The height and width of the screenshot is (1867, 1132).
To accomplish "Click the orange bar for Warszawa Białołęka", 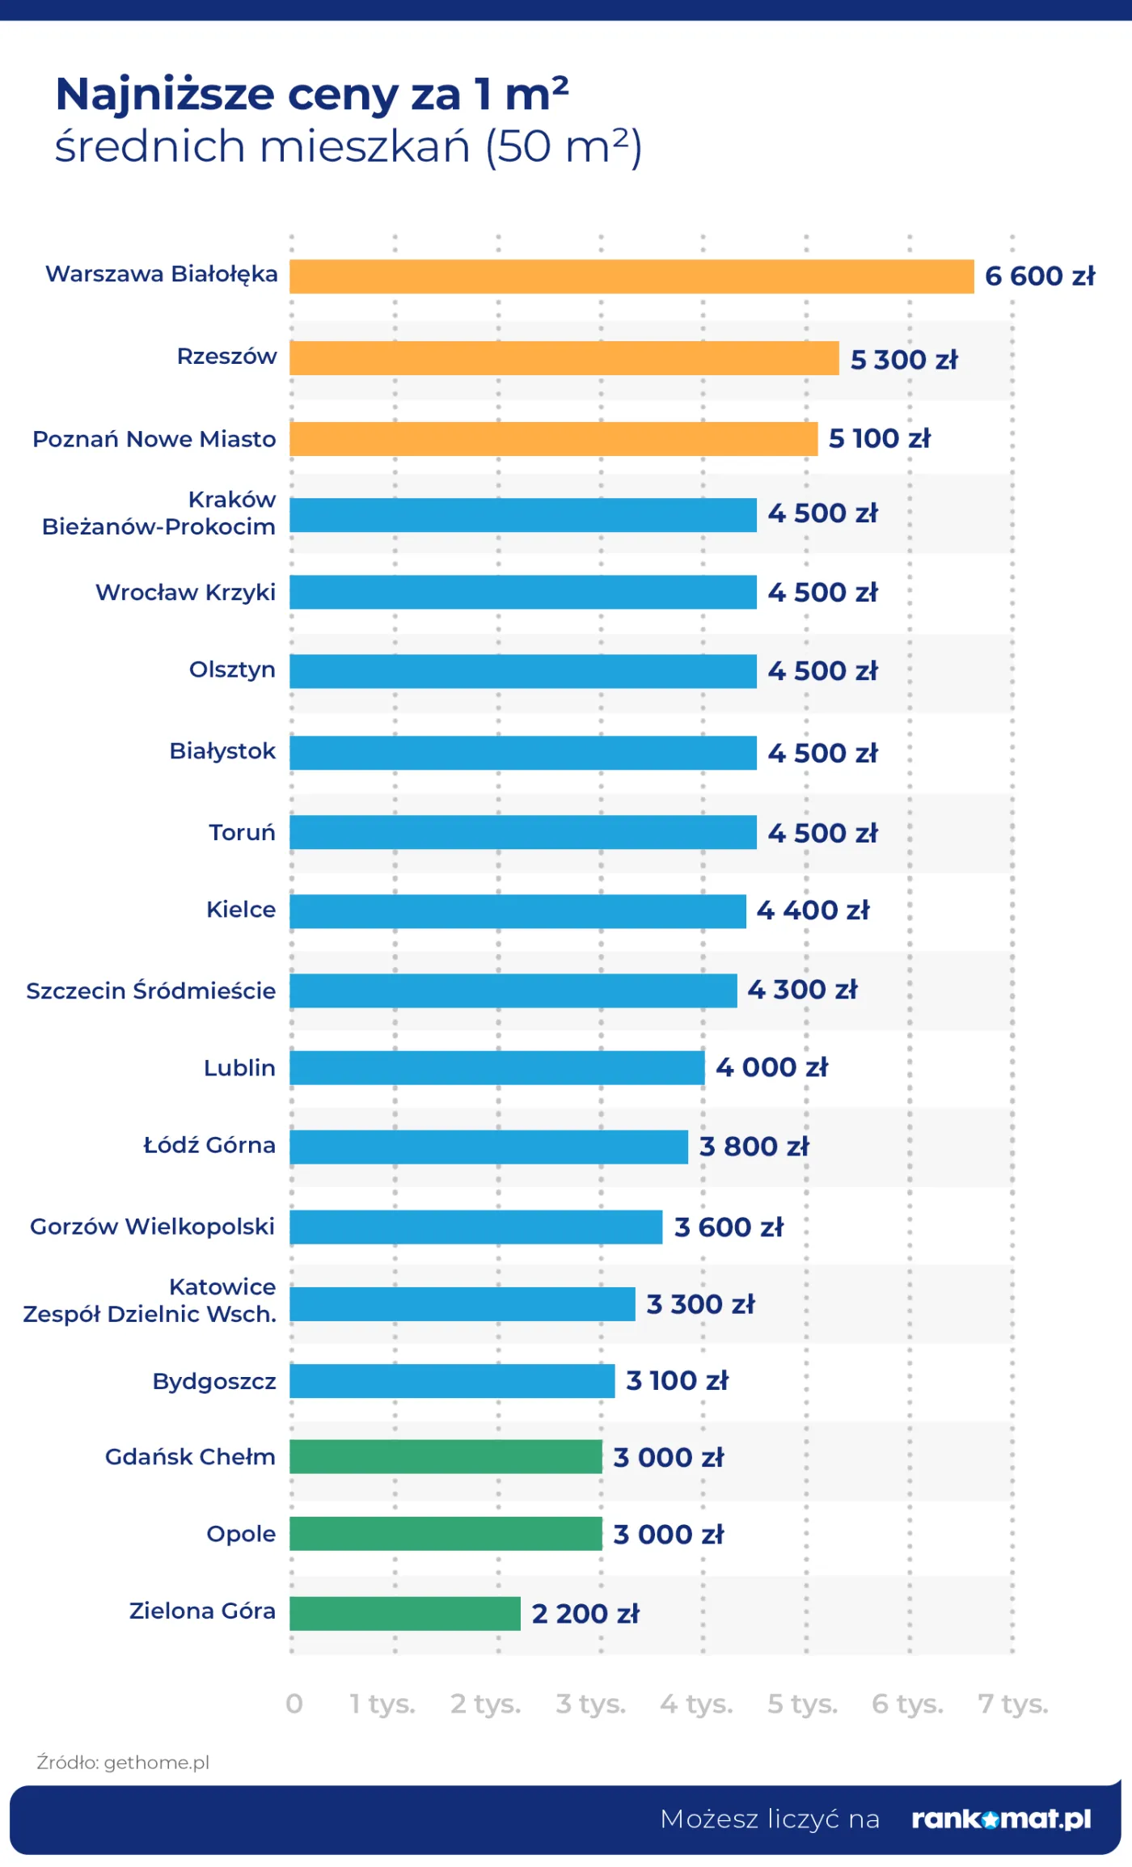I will pyautogui.click(x=631, y=277).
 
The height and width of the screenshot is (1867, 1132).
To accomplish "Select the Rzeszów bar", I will pyautogui.click(x=564, y=358).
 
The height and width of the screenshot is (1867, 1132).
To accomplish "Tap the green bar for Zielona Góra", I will pyautogui.click(x=404, y=1613).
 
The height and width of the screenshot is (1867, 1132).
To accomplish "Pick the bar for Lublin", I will pyautogui.click(x=496, y=1067).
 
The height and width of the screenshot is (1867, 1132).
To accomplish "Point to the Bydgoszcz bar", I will pyautogui.click(x=451, y=1380).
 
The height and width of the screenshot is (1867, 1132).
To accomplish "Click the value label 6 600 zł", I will pyautogui.click(x=1039, y=277).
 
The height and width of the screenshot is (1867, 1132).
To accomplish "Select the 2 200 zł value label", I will pyautogui.click(x=585, y=1613).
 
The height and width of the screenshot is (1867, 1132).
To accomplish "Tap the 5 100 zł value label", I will pyautogui.click(x=879, y=438).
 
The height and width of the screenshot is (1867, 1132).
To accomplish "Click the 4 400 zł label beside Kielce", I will pyautogui.click(x=813, y=910).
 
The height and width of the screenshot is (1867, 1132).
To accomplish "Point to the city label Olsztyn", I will pyautogui.click(x=232, y=670).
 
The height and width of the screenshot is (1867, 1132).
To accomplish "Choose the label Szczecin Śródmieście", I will pyautogui.click(x=150, y=991).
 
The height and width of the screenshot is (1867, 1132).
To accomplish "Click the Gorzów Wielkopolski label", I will pyautogui.click(x=152, y=1227).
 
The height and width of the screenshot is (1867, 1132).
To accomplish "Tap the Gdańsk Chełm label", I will pyautogui.click(x=190, y=1456).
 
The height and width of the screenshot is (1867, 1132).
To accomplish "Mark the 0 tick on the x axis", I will pyautogui.click(x=294, y=1704).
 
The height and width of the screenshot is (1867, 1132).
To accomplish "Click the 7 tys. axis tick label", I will pyautogui.click(x=1012, y=1704).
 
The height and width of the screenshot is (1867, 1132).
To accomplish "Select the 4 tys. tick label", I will pyautogui.click(x=696, y=1704).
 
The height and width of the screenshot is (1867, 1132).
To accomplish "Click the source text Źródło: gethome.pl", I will pyautogui.click(x=123, y=1763).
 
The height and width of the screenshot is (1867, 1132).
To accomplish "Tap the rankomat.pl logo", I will pyautogui.click(x=1001, y=1819).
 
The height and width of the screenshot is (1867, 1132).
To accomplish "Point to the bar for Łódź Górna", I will pyautogui.click(x=488, y=1147).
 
